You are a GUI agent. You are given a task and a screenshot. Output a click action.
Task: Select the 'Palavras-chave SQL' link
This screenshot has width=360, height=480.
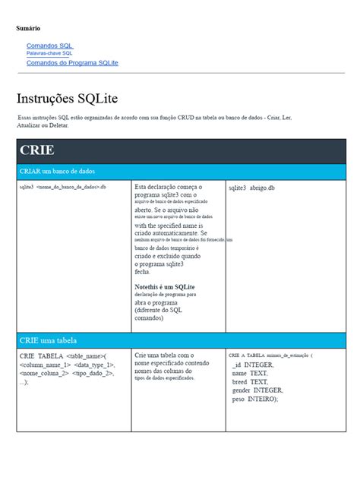point(49,54)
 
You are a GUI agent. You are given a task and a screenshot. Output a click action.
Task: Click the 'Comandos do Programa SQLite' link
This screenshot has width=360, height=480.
point(72,63)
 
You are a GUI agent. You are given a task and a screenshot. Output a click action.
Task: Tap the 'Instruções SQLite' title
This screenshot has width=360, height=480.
point(67,99)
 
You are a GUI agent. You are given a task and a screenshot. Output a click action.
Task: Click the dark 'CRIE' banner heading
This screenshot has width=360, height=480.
point(37,150)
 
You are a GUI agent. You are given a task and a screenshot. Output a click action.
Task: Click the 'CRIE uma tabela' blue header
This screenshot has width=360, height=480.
point(48,340)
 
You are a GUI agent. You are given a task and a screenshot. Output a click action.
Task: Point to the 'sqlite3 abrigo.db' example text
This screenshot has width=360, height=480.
point(251,188)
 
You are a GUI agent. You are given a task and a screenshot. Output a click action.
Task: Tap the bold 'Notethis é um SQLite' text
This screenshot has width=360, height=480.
point(165,286)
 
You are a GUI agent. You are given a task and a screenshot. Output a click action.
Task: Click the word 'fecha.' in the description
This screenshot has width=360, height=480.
point(143,271)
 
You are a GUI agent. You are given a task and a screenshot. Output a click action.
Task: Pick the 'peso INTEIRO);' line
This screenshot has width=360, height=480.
point(255,399)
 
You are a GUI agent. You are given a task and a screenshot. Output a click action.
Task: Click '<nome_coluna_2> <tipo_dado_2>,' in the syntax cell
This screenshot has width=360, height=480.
point(67,373)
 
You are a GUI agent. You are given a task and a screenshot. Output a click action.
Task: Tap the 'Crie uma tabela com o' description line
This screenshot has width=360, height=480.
point(165,355)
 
